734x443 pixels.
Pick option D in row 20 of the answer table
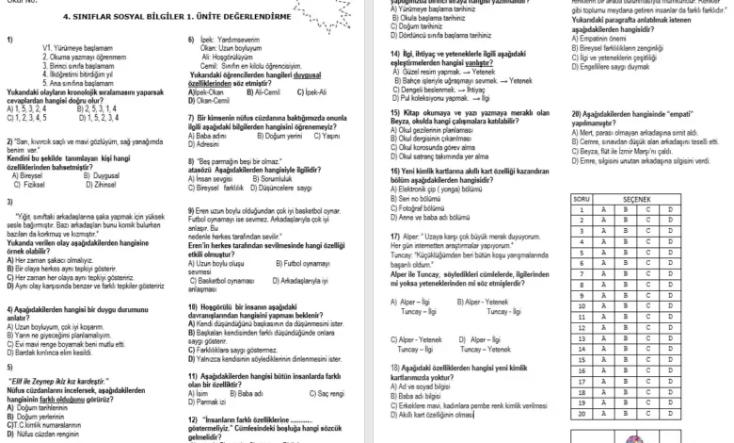(671, 413)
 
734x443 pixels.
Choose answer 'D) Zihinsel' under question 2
(90, 186)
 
